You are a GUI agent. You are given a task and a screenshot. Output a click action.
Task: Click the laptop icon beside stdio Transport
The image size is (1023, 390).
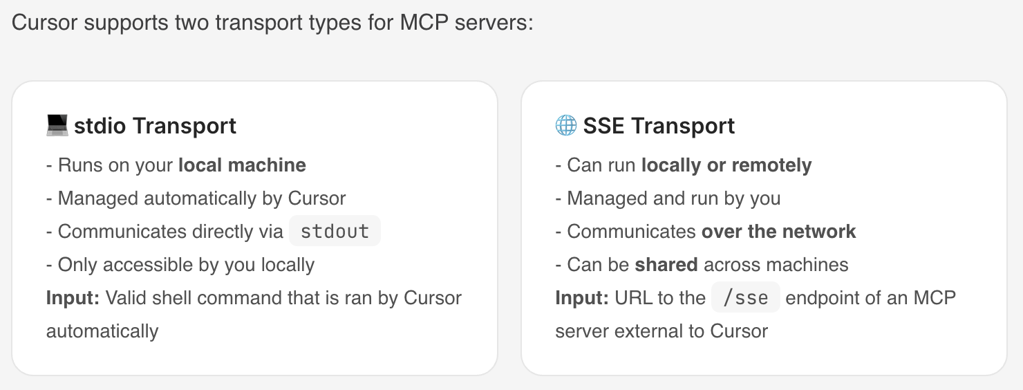57,126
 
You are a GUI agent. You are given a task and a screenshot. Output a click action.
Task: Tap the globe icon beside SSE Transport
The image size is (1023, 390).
566,126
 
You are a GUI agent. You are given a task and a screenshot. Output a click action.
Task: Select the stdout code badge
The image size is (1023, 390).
335,231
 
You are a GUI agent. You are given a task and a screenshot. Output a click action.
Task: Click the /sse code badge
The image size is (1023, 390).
746,297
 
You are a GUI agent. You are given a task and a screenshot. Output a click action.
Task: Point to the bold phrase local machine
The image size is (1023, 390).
242,165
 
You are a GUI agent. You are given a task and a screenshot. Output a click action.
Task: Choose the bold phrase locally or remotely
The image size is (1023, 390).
726,165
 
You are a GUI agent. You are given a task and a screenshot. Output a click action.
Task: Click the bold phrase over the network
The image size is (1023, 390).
779,231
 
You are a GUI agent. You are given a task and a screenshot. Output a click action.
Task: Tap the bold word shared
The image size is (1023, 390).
666,264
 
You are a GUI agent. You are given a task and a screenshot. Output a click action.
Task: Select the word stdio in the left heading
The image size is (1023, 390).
100,126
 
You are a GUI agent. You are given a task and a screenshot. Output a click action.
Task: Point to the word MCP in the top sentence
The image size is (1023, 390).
424,22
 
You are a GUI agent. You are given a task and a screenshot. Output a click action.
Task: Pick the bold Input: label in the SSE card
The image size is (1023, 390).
582,298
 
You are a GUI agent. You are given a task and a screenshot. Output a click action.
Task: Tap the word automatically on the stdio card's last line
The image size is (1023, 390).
102,331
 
